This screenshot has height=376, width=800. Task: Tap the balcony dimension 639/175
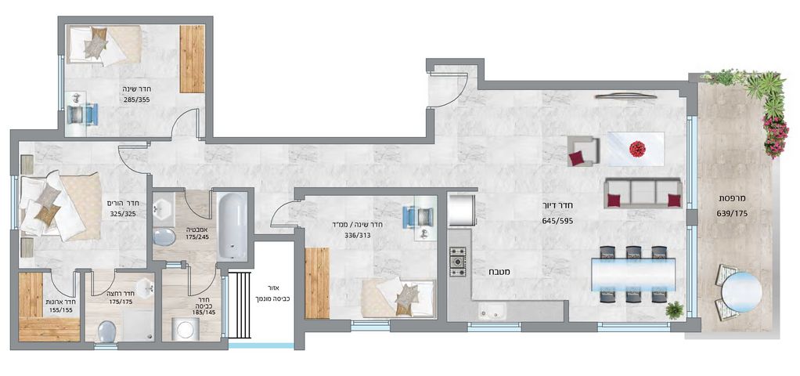point(734,214)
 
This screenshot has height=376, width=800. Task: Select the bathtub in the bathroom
point(232,226)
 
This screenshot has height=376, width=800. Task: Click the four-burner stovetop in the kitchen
point(457,262)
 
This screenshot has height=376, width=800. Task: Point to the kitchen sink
point(490,310)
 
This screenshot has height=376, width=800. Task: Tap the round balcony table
point(741,292)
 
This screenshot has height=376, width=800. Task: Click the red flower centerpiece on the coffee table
point(637,149)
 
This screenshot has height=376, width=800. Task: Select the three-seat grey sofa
point(643,193)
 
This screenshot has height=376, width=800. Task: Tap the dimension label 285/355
point(136,99)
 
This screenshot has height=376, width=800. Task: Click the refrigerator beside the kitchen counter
point(462,209)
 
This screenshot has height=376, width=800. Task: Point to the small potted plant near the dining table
point(675,309)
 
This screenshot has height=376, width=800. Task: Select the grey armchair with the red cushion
point(582,151)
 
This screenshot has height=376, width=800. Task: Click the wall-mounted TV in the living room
point(625,95)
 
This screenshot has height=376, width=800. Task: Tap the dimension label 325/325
point(123,214)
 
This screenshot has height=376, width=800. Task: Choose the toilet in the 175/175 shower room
point(108,331)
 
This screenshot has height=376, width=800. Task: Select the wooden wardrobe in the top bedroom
point(192,59)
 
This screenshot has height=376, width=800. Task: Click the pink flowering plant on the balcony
point(776,136)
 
